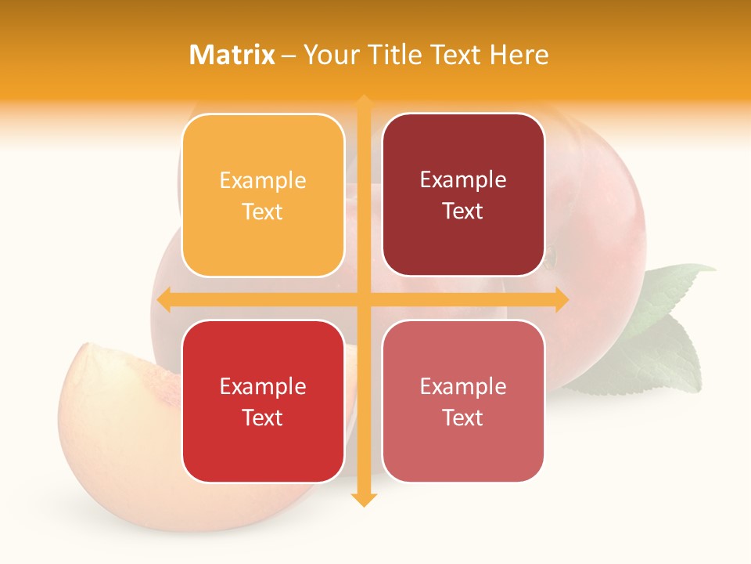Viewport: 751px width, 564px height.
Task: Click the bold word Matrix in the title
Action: (x=232, y=55)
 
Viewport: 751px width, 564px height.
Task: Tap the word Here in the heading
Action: (x=519, y=55)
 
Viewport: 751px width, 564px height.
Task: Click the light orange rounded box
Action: (x=263, y=196)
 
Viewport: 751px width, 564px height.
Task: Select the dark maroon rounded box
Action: (x=463, y=195)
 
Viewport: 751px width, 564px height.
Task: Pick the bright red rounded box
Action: (x=263, y=401)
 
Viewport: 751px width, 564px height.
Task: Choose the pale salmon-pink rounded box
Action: (x=463, y=401)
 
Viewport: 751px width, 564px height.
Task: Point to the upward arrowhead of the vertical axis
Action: (x=364, y=101)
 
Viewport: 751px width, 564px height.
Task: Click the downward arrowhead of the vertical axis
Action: (x=364, y=500)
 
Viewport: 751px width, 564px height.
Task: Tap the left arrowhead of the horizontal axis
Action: (x=163, y=299)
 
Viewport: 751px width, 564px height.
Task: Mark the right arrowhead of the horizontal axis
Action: (x=562, y=299)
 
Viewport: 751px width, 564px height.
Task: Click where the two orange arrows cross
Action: (x=364, y=299)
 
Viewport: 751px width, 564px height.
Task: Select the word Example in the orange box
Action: (x=263, y=181)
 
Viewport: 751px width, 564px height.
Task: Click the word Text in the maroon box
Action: (x=463, y=211)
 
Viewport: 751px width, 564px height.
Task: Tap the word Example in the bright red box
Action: (x=263, y=386)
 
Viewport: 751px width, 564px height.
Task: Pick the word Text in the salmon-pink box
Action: (x=463, y=418)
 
